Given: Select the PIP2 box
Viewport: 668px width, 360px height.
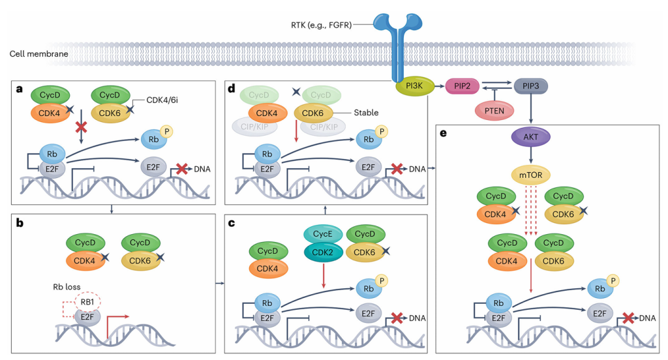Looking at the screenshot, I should click(463, 86).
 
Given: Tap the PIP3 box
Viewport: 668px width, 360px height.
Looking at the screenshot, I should click(530, 85).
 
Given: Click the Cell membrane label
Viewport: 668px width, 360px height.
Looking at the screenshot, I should click(38, 53).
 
